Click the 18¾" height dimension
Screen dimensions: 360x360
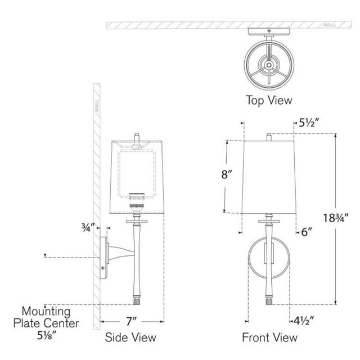[x=336, y=218]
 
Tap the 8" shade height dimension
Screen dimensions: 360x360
[x=227, y=174]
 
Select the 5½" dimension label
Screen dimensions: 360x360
[x=309, y=123]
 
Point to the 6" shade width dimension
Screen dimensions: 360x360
[x=307, y=232]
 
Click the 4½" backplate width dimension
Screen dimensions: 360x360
[x=304, y=319]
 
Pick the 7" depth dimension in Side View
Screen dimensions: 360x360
[x=131, y=321]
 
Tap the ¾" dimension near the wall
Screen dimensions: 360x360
[x=88, y=228]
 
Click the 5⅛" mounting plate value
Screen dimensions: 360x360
[x=47, y=336]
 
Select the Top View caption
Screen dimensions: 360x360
[x=269, y=100]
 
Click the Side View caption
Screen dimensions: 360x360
[x=130, y=337]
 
